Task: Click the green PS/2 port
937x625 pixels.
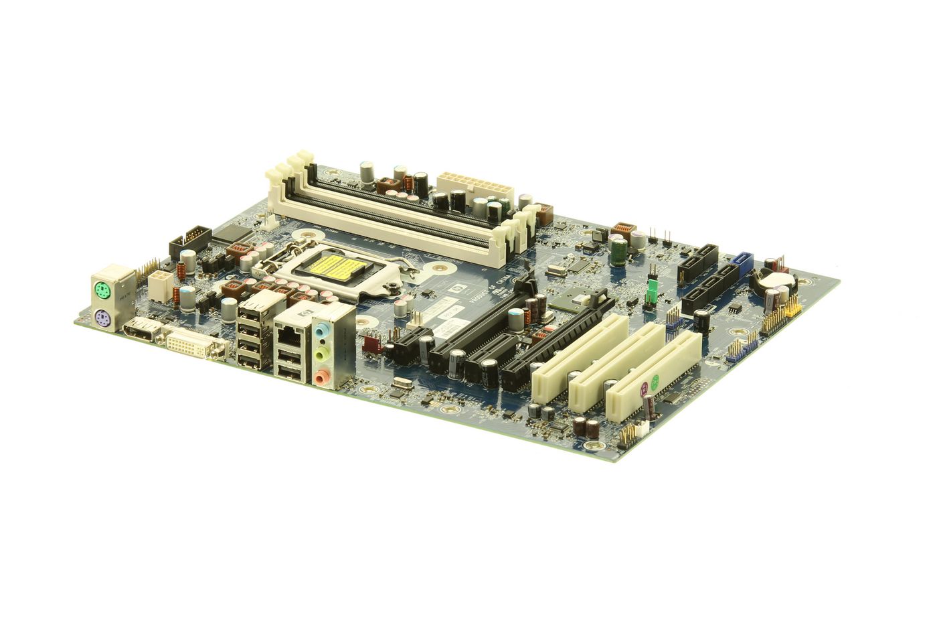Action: click(x=101, y=291)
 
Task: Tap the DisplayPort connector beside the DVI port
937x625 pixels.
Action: click(x=141, y=330)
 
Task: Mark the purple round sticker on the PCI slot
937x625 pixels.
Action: click(x=645, y=387)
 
